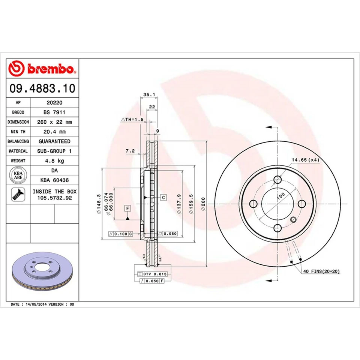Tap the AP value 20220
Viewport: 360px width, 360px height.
pos(54,102)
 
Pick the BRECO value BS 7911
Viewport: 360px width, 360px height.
pos(54,112)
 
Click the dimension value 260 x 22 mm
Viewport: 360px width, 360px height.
pos(54,122)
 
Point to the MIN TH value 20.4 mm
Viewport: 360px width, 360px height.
pos(54,132)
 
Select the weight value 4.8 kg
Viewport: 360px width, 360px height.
pos(54,161)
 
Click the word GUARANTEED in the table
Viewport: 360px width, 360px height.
pos(54,141)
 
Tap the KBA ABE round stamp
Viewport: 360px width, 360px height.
pos(18,175)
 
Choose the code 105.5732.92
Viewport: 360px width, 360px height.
pos(54,198)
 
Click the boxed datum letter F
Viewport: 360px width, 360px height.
pos(127,208)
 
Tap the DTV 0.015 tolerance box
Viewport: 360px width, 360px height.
pos(154,274)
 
